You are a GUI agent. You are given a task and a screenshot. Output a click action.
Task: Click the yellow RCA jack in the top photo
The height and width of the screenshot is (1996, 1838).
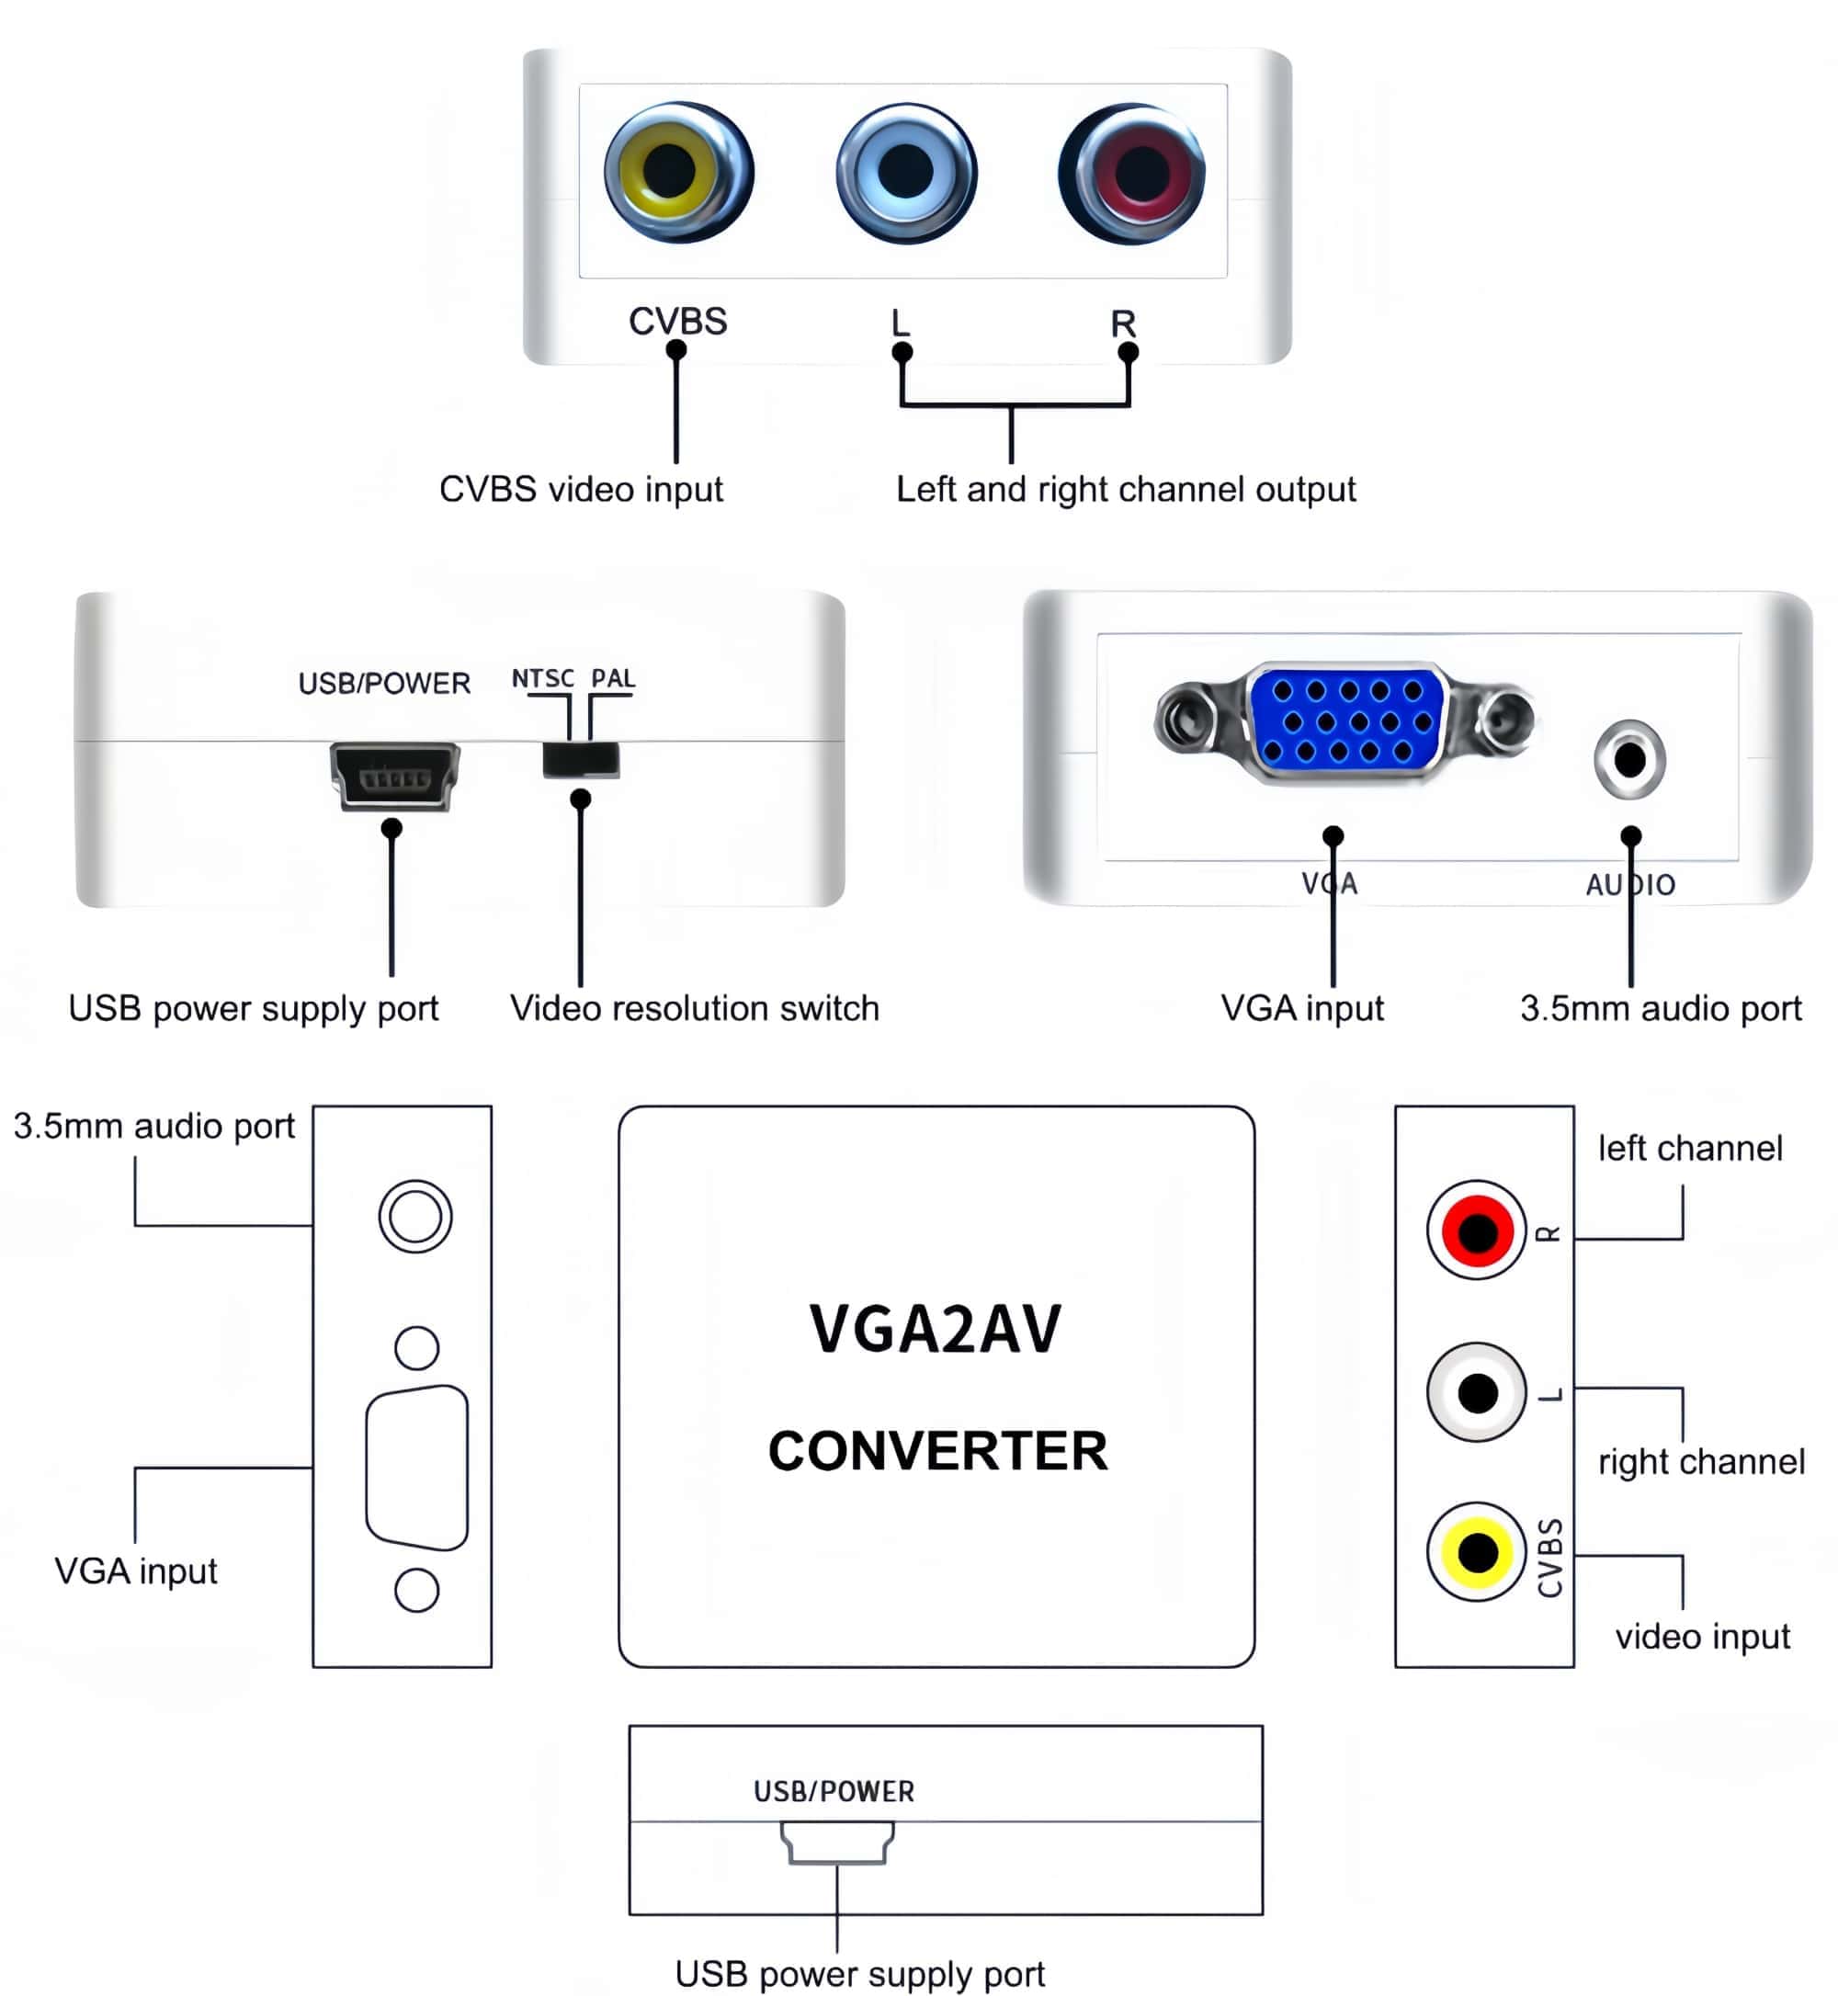click(677, 171)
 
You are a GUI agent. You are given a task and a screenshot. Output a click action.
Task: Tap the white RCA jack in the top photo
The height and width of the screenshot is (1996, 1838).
click(905, 172)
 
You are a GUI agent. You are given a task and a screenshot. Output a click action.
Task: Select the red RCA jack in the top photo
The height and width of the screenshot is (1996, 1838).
click(1133, 173)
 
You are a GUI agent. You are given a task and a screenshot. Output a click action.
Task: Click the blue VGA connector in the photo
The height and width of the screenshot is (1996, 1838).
click(1346, 722)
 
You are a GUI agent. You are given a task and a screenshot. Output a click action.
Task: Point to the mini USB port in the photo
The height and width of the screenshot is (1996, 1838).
click(395, 776)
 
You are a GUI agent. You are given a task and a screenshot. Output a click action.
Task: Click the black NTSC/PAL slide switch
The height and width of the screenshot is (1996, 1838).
click(581, 760)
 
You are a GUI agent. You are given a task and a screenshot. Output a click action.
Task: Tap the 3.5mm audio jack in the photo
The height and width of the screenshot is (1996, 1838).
click(1629, 760)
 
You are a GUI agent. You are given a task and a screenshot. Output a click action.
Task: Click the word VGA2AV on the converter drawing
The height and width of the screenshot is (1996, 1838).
click(935, 1330)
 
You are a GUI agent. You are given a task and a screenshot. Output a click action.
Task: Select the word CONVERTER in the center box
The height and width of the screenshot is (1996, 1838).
click(936, 1451)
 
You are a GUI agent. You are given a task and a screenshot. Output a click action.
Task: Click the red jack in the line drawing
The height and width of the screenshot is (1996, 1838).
click(1477, 1230)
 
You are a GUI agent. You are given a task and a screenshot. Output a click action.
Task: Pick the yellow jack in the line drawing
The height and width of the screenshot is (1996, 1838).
click(1477, 1551)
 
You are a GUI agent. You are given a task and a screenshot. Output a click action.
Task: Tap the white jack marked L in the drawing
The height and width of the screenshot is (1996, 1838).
click(1477, 1392)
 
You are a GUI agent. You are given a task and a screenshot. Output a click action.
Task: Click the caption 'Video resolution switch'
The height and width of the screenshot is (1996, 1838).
click(694, 1008)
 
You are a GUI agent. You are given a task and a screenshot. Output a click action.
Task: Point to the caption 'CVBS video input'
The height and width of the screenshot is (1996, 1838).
click(581, 489)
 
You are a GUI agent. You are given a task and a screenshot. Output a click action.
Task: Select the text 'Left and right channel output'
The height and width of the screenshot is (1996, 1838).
click(1125, 489)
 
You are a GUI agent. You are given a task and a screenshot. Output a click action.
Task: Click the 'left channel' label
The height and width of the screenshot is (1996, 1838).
click(1690, 1149)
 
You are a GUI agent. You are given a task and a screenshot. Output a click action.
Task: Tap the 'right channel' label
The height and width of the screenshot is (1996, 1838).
click(1701, 1462)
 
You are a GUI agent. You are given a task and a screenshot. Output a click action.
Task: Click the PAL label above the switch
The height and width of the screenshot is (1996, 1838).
click(613, 678)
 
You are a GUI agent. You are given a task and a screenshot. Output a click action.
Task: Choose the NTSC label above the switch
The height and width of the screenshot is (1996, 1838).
click(542, 678)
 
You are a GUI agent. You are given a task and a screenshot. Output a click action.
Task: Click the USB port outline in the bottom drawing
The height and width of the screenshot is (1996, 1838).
click(836, 1842)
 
